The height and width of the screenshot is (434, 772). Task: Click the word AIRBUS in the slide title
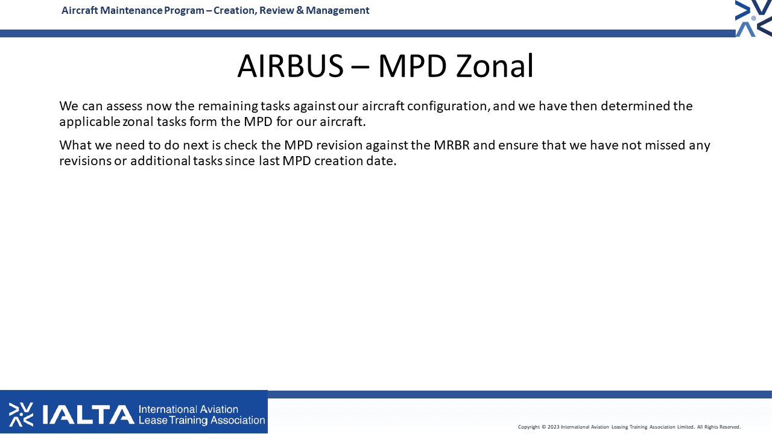point(291,66)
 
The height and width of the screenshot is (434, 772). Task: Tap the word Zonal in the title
point(495,66)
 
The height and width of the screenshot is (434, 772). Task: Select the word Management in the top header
point(337,11)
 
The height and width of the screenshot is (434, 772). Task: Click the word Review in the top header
point(276,10)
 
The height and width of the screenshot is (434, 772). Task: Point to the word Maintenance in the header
point(131,10)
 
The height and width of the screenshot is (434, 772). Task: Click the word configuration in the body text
point(448,106)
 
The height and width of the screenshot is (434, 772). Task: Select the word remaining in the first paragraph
point(227,106)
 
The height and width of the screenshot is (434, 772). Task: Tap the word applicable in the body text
point(90,122)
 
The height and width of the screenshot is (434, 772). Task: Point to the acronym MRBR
point(452,145)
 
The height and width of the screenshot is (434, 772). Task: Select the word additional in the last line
point(160,161)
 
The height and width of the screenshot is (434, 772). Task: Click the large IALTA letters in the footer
point(88,414)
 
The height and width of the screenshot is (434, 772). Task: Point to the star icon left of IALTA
point(21,414)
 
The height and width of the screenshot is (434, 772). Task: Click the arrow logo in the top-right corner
point(753,18)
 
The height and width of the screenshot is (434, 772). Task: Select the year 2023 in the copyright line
point(553,427)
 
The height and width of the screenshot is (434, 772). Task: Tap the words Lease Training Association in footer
point(201,420)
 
